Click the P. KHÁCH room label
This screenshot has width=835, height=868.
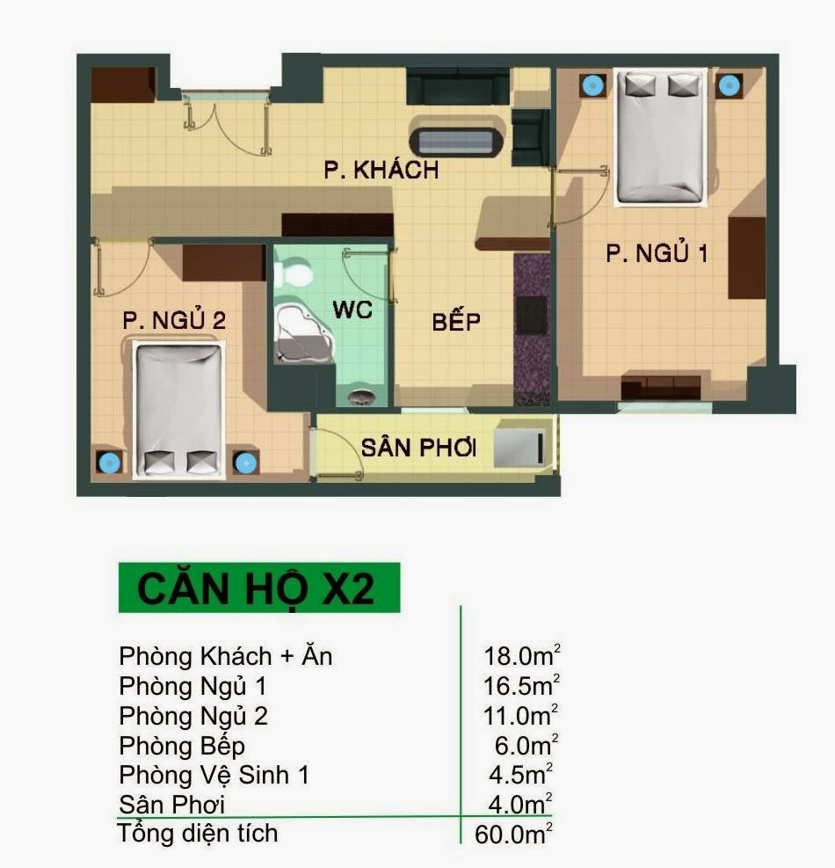(x=381, y=170)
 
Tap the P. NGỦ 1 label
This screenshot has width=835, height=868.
(x=657, y=254)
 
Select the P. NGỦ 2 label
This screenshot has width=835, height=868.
(x=174, y=321)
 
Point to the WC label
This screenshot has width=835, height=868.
(x=352, y=310)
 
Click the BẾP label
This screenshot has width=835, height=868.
(x=456, y=322)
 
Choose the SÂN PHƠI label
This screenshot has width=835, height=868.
(x=418, y=448)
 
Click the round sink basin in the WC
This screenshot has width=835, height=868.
(x=361, y=398)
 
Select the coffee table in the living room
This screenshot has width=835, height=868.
(x=457, y=142)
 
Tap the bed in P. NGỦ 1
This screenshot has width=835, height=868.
(x=661, y=138)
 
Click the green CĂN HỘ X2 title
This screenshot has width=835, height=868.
(x=258, y=588)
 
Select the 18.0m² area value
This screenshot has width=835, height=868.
(x=521, y=656)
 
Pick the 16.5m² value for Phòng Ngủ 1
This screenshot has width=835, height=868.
(x=521, y=686)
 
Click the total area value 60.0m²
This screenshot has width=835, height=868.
(x=513, y=834)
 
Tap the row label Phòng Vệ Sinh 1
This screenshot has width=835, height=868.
(x=214, y=775)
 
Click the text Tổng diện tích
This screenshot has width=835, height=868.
(x=198, y=833)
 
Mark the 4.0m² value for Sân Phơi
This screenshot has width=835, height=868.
(x=521, y=804)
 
